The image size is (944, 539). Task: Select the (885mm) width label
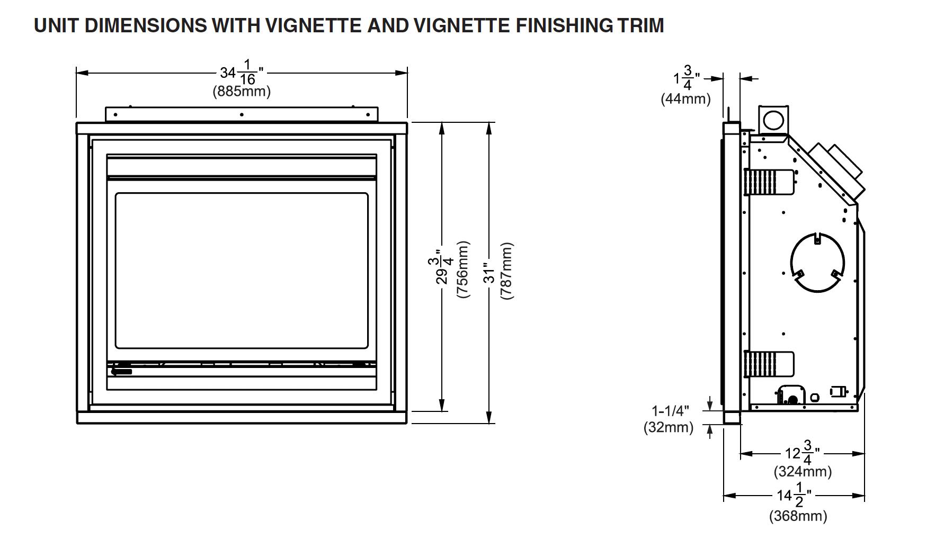coord(242,92)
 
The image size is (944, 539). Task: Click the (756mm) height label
coord(462,269)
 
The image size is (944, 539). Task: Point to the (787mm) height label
coord(507,271)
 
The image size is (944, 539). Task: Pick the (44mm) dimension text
coord(685,99)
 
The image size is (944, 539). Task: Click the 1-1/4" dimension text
coord(670,411)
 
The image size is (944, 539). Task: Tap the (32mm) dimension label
coord(669,427)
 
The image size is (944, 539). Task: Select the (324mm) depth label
coord(803,471)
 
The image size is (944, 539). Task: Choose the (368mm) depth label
coord(798,516)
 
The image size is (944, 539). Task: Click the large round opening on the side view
coord(817,262)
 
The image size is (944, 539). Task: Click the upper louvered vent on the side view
coord(761,182)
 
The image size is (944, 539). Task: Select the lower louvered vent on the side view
coord(761,365)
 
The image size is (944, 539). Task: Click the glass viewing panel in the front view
coord(242,271)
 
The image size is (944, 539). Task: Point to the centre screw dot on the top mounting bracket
coord(242,114)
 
